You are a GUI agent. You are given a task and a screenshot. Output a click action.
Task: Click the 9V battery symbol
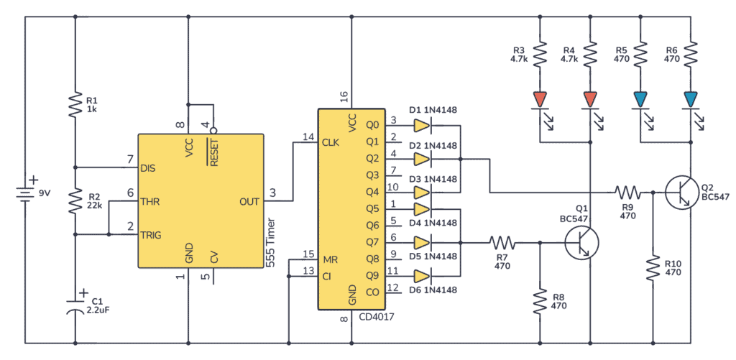coord(25,193)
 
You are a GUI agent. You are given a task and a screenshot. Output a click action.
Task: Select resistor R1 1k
coord(75,105)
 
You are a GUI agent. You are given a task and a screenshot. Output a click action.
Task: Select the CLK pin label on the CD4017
coord(330,142)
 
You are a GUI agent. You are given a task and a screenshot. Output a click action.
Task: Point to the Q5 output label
coord(372,208)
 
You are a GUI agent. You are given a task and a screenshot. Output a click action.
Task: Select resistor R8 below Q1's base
coord(539,301)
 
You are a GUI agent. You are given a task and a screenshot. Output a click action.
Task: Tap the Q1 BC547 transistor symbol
coord(582,243)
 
